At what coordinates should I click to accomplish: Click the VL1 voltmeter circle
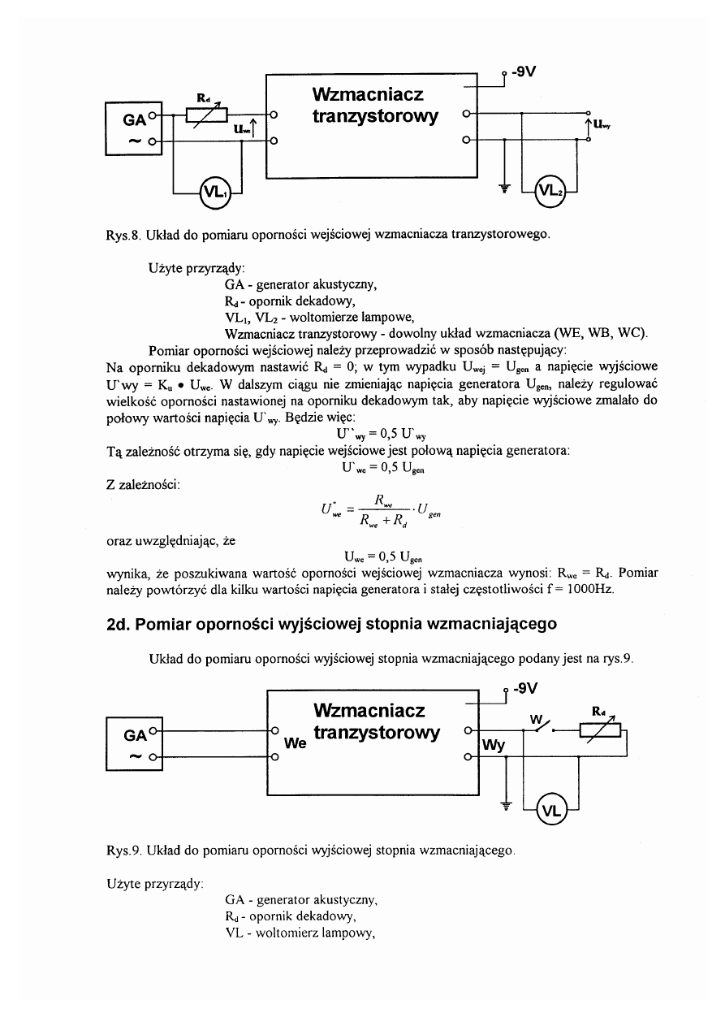coord(215,193)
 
